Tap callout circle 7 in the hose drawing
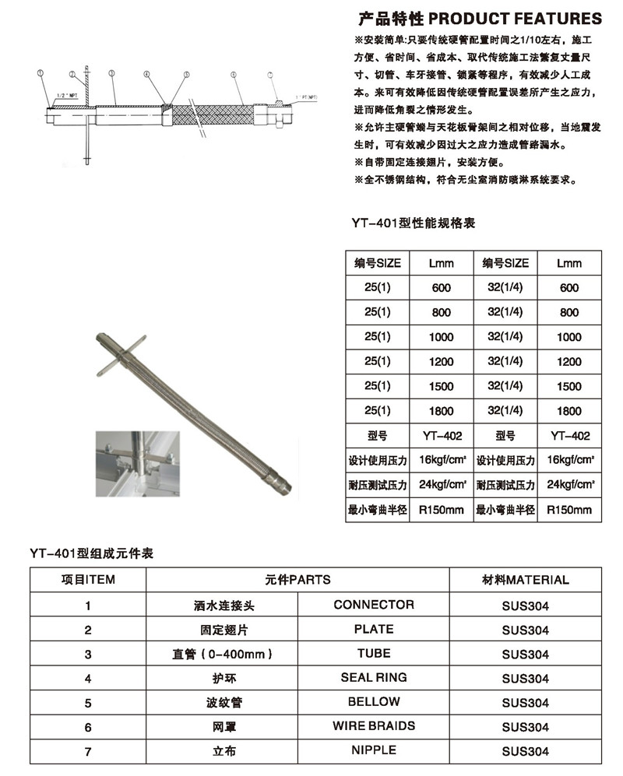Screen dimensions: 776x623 coord(270,76)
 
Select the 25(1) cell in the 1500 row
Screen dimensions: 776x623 coord(378,387)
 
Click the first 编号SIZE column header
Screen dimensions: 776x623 coord(378,263)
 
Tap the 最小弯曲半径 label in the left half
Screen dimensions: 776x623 coord(378,511)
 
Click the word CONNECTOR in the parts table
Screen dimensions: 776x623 coord(374,605)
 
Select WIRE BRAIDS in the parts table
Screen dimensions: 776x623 coord(374,726)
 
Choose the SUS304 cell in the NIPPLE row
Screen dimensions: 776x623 coord(525,751)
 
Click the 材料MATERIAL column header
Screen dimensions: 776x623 coord(525,580)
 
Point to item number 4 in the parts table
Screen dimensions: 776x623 coord(88,679)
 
